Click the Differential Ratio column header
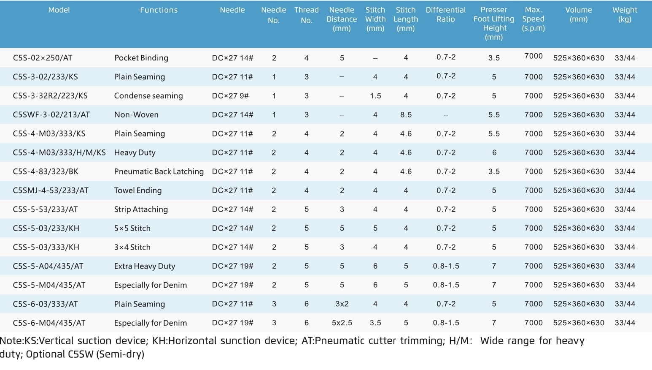point(446,14)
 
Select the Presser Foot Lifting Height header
point(494,23)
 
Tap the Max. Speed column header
point(533,19)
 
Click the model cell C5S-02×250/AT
point(43,58)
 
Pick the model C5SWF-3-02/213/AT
point(51,114)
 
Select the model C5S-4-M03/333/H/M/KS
point(59,152)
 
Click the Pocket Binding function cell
point(141,58)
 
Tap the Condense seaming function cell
point(148,95)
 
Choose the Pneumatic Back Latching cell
point(159,171)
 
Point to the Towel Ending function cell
point(137,190)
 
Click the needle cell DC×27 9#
point(230,95)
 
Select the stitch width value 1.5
point(375,95)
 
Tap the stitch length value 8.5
point(406,114)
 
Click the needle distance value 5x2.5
point(342,323)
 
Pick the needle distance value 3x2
point(342,304)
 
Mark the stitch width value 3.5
point(375,323)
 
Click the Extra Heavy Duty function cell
point(145,266)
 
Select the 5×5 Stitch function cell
point(132,229)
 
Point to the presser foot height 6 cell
point(494,152)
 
